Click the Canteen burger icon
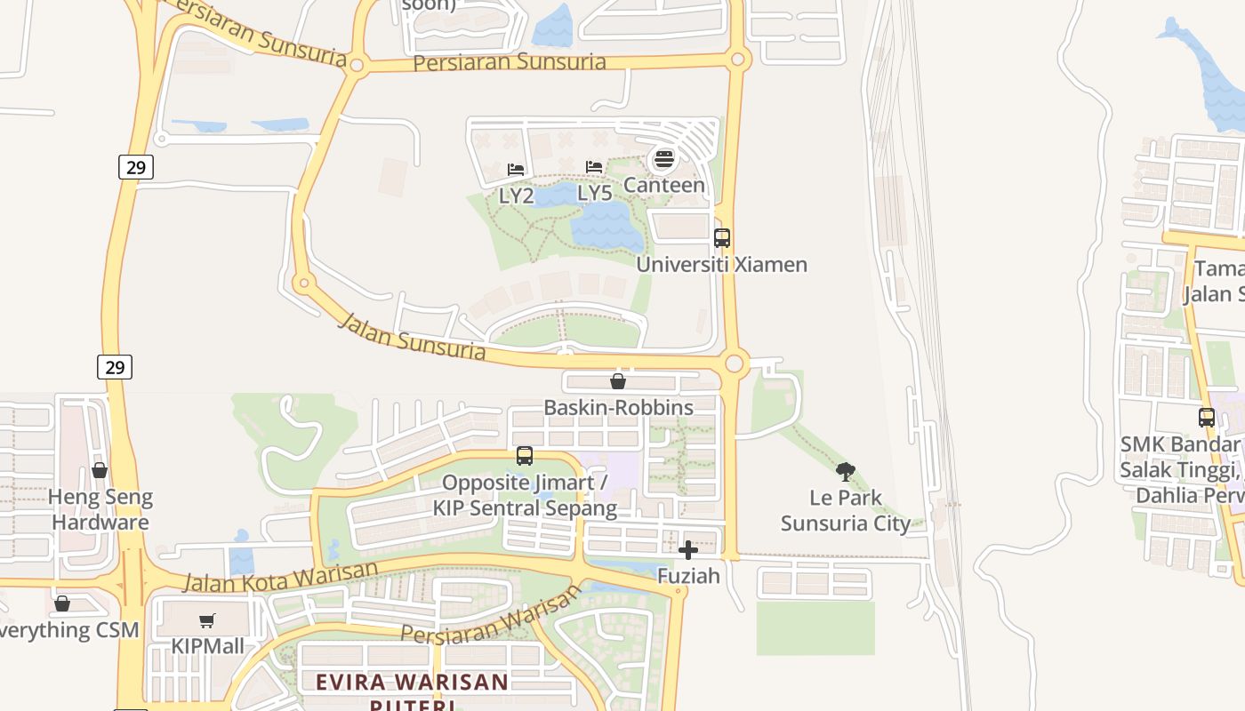pyautogui.click(x=663, y=160)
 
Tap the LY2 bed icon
pyautogui.click(x=516, y=169)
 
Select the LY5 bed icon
pyautogui.click(x=594, y=167)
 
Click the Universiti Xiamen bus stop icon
pyautogui.click(x=722, y=238)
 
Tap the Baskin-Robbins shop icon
pyautogui.click(x=618, y=381)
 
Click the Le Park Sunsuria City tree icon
pyautogui.click(x=846, y=471)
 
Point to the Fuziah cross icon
pyautogui.click(x=688, y=550)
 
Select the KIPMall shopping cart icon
pyautogui.click(x=207, y=620)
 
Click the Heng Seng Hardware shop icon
pyautogui.click(x=100, y=470)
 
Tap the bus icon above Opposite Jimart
pyautogui.click(x=525, y=456)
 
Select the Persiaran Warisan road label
pyautogui.click(x=490, y=617)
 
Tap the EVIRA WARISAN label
pyautogui.click(x=413, y=683)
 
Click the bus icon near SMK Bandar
pyautogui.click(x=1207, y=417)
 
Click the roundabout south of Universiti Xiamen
pyautogui.click(x=735, y=363)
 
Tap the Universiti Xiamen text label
pyautogui.click(x=721, y=264)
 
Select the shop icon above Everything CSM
pyautogui.click(x=62, y=604)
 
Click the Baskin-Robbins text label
pyautogui.click(x=618, y=408)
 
